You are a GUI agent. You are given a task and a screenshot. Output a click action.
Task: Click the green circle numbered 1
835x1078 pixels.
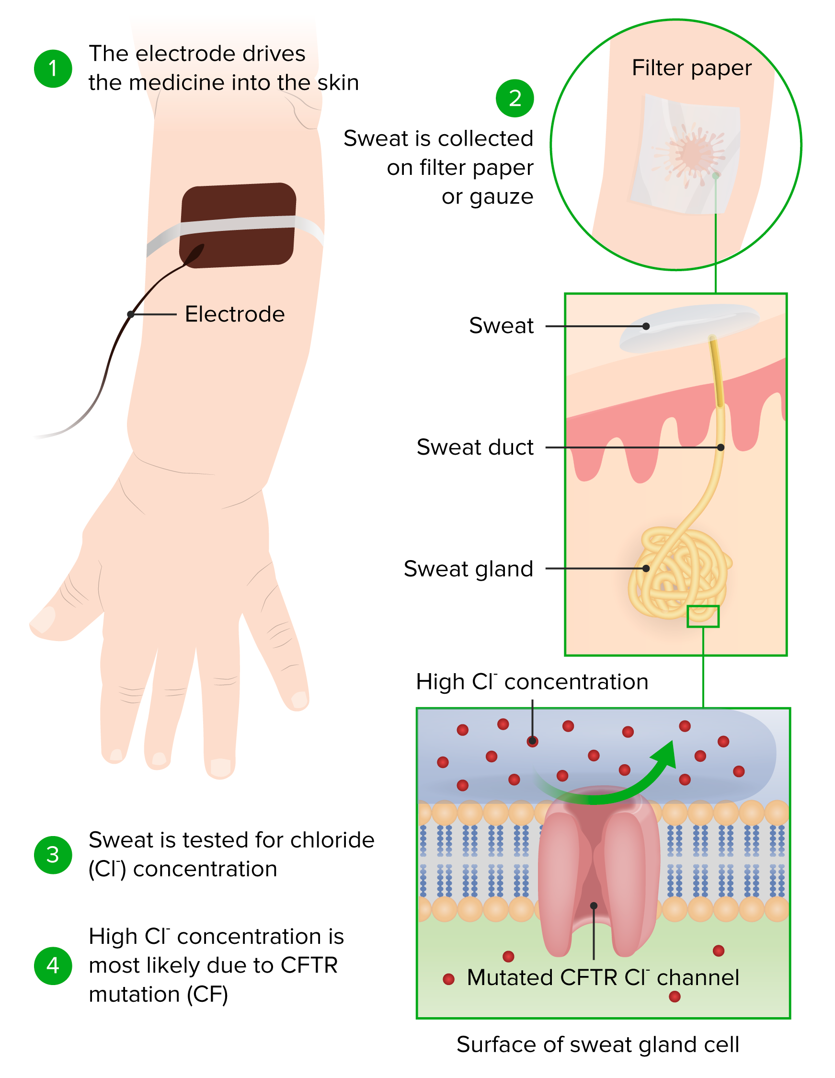53,69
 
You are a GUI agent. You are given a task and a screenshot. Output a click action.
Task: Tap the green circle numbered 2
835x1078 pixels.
514,98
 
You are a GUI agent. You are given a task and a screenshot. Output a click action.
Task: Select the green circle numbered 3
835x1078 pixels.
53,854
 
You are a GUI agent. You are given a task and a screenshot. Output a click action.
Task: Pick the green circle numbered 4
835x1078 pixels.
53,965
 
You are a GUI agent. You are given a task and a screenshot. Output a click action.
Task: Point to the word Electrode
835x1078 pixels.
234,314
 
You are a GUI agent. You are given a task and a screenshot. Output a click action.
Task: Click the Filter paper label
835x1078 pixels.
691,68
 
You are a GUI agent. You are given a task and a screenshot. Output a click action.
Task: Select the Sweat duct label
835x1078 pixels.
475,447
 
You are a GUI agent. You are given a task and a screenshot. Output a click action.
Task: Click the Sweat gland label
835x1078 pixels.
469,569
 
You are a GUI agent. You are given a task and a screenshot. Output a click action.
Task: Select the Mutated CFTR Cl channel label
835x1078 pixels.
603,978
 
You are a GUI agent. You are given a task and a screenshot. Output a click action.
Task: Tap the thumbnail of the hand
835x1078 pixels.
44,620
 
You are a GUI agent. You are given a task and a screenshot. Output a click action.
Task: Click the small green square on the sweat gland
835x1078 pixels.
703,617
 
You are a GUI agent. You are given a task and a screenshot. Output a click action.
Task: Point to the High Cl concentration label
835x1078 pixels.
531,682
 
